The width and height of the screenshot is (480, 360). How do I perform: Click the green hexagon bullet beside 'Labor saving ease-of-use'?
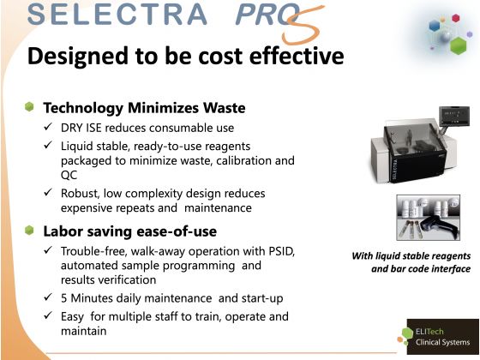point(29,231)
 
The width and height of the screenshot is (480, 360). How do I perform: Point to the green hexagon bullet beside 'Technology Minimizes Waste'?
point(29,108)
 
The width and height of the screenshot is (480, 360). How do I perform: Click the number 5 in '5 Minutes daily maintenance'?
point(64,298)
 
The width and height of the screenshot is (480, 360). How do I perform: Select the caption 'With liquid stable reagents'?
point(411,255)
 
